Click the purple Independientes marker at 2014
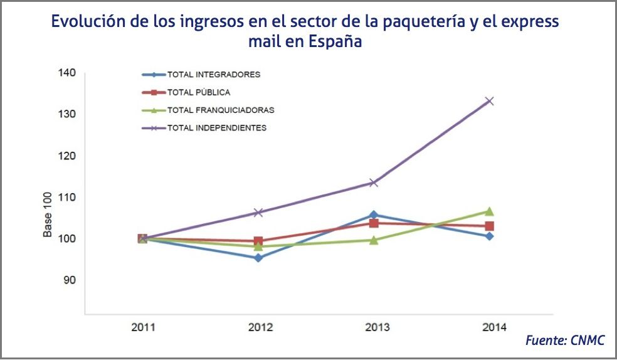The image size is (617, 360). coord(490,101)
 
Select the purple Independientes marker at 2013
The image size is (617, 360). coord(374,183)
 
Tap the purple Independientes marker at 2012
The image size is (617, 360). coord(258,213)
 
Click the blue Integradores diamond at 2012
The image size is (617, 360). coord(258,258)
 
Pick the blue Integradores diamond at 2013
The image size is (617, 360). coord(374,215)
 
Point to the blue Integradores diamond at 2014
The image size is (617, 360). coord(490,236)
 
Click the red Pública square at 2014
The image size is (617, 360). coord(490,226)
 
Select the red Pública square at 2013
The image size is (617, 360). coord(374,223)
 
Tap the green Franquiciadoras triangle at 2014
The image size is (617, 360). coord(490,211)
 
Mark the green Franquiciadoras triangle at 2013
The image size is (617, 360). coord(374,240)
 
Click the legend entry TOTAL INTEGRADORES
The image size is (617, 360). coord(213,75)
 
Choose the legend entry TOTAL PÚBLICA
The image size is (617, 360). coord(198,92)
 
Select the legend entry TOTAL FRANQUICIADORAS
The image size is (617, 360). coord(220,110)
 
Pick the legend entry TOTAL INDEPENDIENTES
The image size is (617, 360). coord(216,128)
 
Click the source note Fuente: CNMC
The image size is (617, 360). coord(565,341)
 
